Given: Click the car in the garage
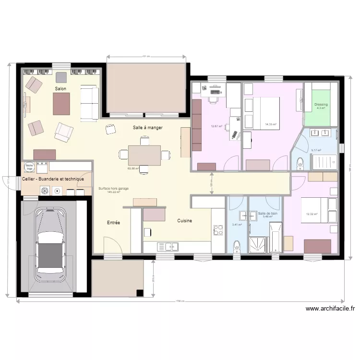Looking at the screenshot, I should [50, 252].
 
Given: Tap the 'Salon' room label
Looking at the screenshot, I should [60, 89].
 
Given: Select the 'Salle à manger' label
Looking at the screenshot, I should [148, 128].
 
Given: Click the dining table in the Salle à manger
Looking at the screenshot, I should [144, 156].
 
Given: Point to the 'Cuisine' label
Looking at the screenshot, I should [185, 221].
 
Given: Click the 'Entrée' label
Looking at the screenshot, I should [114, 223].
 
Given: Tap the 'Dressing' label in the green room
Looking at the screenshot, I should [321, 105].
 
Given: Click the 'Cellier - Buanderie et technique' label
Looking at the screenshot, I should [53, 179].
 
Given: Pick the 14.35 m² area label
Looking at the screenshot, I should [271, 125].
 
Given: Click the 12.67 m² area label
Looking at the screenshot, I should [216, 127].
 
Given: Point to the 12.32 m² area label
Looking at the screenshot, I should [312, 214].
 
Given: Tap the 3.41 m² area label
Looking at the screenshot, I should [237, 224].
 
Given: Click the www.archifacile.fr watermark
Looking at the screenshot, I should [330, 309].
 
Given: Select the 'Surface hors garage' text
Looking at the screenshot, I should [114, 189].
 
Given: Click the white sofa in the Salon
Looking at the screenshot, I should [89, 103].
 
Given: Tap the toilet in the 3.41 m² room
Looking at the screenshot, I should [236, 247].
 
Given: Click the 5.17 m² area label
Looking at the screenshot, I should [317, 150].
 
